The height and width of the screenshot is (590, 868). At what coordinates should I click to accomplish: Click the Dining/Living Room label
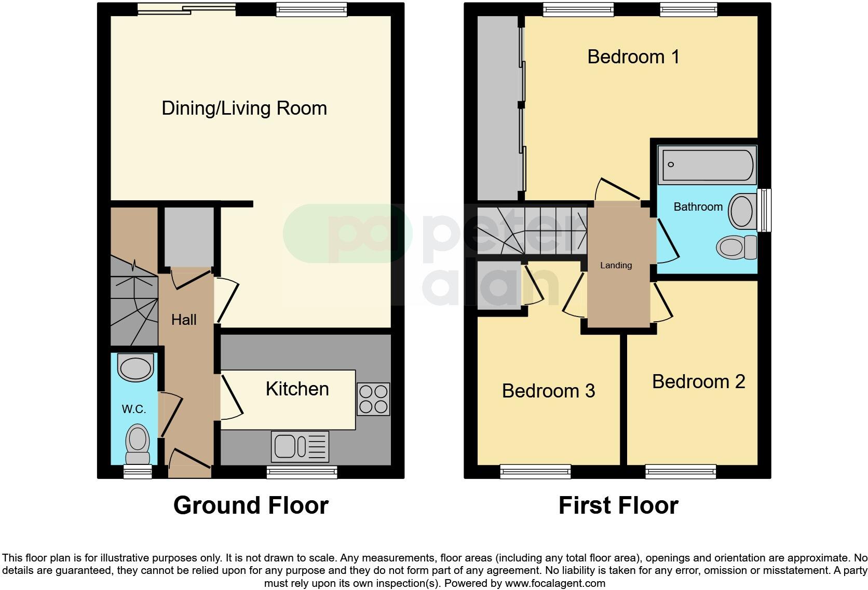click(x=244, y=108)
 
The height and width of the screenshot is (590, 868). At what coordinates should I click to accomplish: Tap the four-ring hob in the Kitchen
click(x=373, y=399)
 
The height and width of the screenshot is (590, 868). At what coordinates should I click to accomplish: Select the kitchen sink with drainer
click(x=300, y=446)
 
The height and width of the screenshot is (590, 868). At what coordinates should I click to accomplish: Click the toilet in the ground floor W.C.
click(x=137, y=444)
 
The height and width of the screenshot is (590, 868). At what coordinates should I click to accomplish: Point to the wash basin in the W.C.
click(x=136, y=368)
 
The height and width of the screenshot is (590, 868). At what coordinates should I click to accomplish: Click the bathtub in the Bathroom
click(x=706, y=165)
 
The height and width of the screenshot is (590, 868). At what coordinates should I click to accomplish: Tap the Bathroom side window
click(x=764, y=210)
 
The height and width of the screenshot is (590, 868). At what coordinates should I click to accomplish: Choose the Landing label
click(x=616, y=265)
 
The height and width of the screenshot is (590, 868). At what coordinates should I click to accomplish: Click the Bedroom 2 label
click(x=698, y=382)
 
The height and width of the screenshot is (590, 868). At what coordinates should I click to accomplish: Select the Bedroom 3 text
click(x=548, y=391)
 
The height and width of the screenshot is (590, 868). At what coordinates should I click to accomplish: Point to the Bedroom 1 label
click(x=633, y=57)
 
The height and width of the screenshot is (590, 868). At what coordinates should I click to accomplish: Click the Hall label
click(x=184, y=320)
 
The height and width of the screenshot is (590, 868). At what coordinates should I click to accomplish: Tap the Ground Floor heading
click(x=251, y=505)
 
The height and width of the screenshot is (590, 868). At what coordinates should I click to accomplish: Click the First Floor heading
click(x=618, y=505)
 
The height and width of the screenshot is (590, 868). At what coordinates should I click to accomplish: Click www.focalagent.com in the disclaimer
click(x=554, y=583)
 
